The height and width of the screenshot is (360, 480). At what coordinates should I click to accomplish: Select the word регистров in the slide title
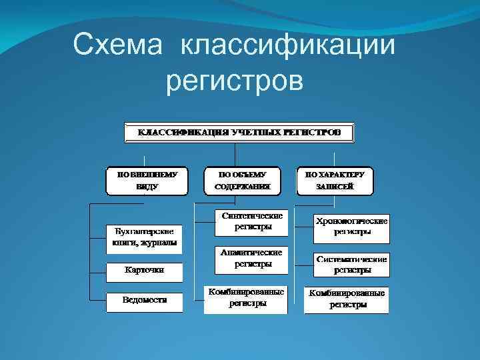pos(234,81)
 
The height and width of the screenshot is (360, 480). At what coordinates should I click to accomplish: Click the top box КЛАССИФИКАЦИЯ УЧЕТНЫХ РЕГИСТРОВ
pos(239,132)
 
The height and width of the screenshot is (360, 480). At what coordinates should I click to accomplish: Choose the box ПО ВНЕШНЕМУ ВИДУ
pos(147,180)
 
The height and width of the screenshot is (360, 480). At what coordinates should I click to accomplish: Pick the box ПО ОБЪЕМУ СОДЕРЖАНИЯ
pos(243,180)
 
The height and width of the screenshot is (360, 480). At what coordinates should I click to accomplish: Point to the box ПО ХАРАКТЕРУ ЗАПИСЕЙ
pos(335,180)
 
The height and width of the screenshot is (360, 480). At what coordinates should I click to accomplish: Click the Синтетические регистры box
pos(253,221)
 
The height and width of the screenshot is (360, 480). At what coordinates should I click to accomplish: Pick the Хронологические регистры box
pos(352,227)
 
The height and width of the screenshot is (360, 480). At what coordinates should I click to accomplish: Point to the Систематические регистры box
pos(352,264)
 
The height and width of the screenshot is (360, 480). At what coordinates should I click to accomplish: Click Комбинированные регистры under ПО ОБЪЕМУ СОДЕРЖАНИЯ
pos(245,298)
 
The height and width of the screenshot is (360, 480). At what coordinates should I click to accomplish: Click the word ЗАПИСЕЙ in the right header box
pos(335,187)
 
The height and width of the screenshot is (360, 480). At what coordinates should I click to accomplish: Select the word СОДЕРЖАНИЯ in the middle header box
pos(243,187)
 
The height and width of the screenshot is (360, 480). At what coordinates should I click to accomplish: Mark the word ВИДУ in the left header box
pos(147,187)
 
